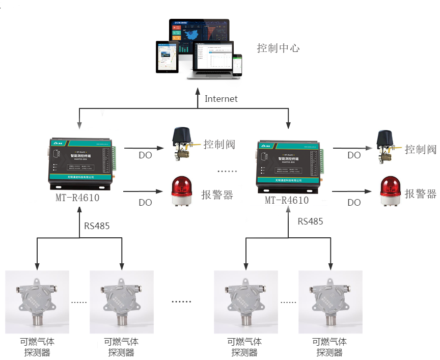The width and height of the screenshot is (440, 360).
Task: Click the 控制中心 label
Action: click(278, 48)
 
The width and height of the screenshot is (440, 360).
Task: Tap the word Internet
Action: click(221, 99)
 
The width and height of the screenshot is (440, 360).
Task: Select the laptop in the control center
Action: click(210, 60)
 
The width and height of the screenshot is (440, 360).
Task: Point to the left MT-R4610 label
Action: click(77, 198)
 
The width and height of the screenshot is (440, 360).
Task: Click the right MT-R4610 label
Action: click(286, 200)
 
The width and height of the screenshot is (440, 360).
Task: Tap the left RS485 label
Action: click(97, 226)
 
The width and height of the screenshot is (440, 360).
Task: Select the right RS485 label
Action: click(310, 221)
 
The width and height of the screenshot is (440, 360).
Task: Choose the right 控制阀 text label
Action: click(421, 149)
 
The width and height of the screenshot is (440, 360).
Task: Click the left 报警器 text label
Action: click(217, 195)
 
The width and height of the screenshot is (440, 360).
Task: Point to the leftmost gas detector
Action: click(36, 301)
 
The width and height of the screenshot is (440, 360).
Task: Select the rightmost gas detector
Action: click(330, 301)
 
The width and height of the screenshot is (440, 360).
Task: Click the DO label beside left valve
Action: click(145, 155)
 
